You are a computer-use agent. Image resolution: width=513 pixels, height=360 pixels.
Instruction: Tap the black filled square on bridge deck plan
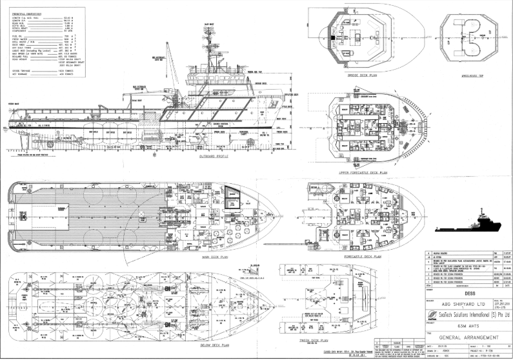[x=332, y=38]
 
